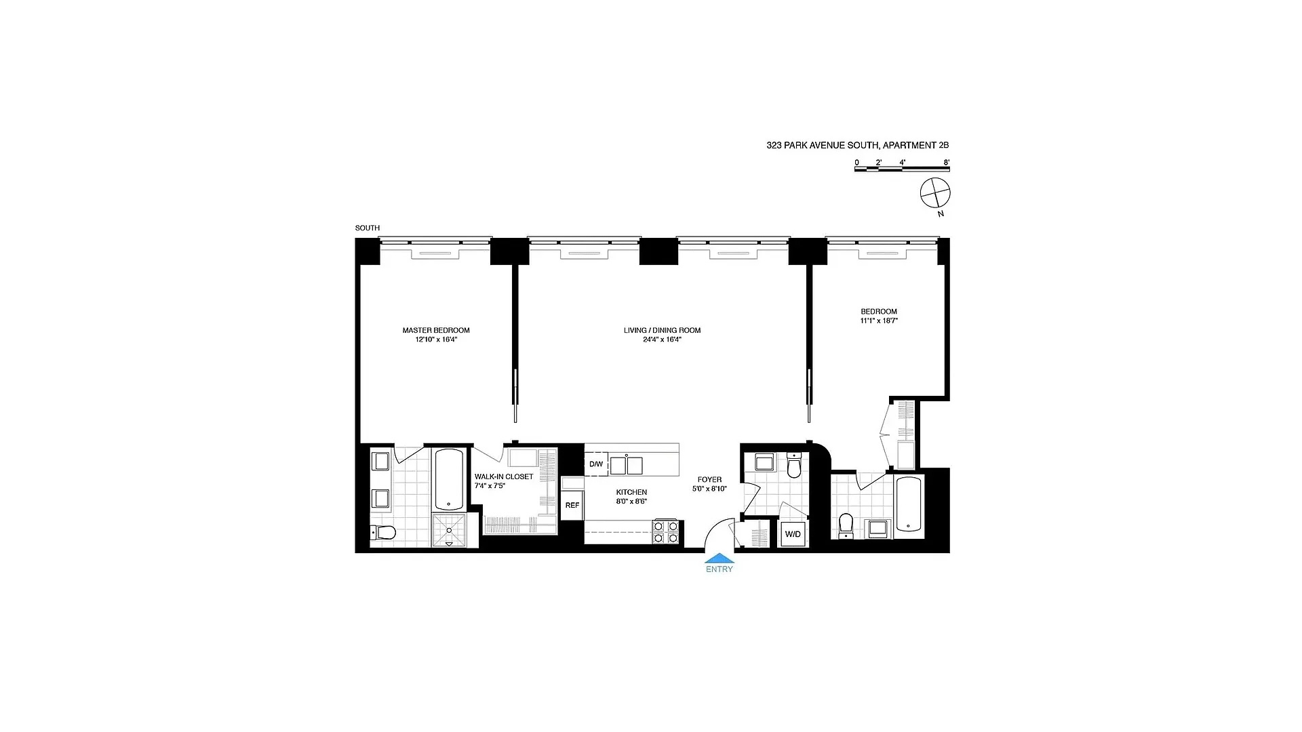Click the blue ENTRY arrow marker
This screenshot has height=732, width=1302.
click(719, 558)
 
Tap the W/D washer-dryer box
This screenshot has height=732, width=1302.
click(793, 534)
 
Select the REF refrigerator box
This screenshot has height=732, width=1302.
click(572, 505)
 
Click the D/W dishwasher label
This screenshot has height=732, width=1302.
click(595, 464)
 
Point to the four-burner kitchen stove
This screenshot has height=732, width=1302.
click(666, 532)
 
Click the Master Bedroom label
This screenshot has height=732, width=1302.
click(436, 330)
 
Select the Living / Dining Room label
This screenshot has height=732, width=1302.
click(662, 330)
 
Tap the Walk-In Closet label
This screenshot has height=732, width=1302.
click(504, 476)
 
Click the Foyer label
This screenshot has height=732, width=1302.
click(709, 479)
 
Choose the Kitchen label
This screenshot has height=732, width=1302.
click(631, 492)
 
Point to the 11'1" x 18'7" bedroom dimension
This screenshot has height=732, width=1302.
click(879, 321)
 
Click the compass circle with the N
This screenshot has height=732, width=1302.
click(935, 194)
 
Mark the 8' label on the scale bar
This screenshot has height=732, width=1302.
click(946, 163)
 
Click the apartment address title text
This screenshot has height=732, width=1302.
click(857, 145)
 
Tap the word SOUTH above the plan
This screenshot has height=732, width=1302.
click(368, 228)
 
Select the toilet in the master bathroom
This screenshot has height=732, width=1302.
click(383, 533)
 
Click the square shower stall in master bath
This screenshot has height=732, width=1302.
click(449, 529)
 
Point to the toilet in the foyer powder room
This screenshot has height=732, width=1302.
click(794, 466)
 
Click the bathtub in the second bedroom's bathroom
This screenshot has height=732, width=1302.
click(909, 504)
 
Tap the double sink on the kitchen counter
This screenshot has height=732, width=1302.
click(626, 465)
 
